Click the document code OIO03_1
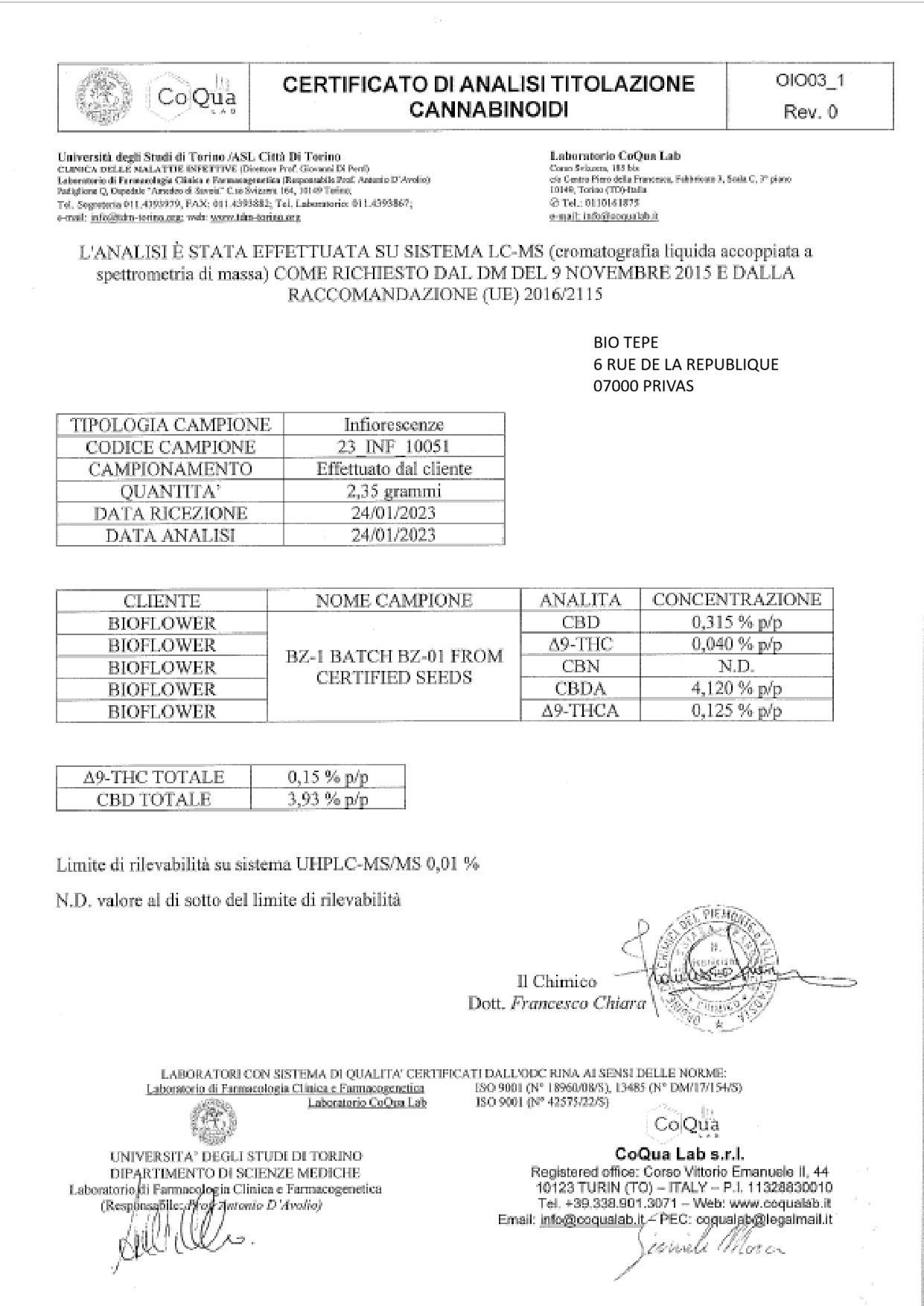point(810,81)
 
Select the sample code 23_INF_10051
point(393,447)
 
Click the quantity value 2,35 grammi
point(393,491)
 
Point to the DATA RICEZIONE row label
point(170,513)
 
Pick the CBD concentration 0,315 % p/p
point(736,622)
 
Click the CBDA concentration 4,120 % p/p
point(736,689)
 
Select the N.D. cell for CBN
point(736,666)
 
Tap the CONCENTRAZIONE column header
point(736,600)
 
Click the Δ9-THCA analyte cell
point(581,711)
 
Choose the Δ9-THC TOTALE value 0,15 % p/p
point(328,777)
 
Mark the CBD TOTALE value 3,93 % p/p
point(328,800)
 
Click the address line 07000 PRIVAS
point(643,386)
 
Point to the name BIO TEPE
point(625,343)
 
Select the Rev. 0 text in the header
point(810,112)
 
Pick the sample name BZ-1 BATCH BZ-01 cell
point(394,666)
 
